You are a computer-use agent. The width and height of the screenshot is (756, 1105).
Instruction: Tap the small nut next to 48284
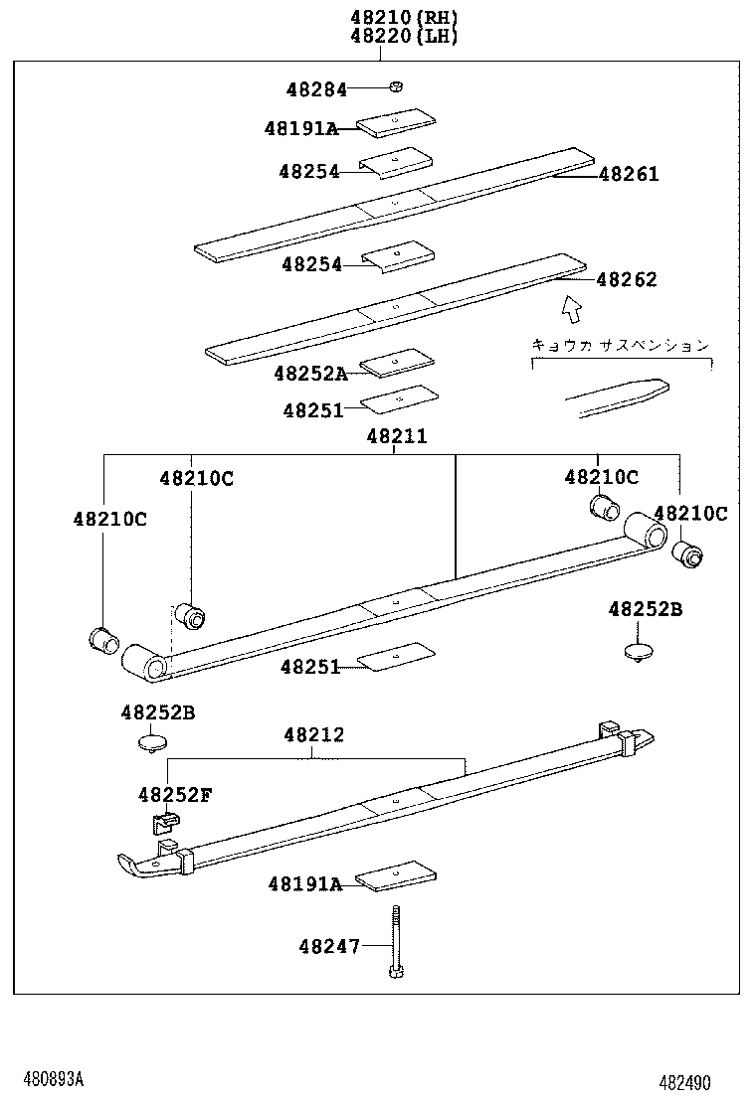395,87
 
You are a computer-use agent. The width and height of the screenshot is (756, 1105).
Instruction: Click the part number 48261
628,175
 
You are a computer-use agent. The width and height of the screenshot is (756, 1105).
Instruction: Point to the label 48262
627,280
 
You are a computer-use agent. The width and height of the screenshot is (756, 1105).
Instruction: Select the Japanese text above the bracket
620,345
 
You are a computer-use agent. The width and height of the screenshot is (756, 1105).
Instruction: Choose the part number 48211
396,435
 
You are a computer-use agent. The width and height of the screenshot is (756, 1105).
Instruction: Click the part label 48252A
310,374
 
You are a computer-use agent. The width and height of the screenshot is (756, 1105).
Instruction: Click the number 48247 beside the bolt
329,947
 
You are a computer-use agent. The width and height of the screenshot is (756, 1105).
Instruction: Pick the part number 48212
313,735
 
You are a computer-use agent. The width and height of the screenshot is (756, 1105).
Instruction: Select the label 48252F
175,794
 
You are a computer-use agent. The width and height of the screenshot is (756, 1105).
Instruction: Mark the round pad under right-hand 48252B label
638,652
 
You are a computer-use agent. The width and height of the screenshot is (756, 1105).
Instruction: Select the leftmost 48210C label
109,519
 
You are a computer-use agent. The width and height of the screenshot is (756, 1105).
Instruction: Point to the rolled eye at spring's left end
143,662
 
